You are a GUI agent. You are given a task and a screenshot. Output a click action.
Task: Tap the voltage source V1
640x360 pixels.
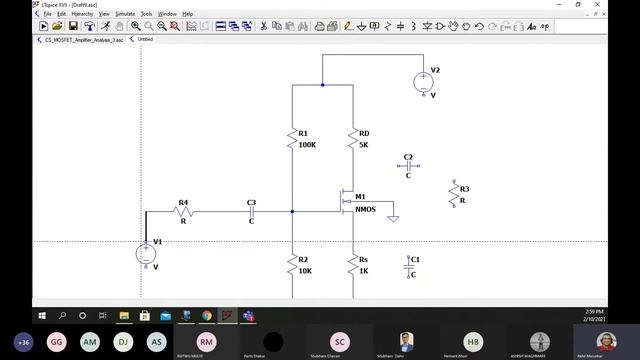146,253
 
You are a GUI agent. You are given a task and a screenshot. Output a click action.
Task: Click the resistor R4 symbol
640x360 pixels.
184,211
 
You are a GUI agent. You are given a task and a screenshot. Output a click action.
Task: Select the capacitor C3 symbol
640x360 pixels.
251,211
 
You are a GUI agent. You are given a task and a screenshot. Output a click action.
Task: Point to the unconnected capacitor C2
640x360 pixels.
407,166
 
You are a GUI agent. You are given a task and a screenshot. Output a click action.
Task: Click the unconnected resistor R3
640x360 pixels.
453,195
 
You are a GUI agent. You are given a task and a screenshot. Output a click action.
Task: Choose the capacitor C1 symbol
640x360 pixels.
408,266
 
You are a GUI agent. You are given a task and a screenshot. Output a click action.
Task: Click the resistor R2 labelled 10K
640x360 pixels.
292,265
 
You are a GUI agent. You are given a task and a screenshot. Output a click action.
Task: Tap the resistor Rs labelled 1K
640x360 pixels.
352,265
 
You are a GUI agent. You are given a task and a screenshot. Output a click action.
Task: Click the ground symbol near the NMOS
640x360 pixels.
393,217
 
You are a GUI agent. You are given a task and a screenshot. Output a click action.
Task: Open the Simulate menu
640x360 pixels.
125,14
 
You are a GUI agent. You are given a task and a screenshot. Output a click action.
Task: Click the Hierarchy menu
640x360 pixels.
82,14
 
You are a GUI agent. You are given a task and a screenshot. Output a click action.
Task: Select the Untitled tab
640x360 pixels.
145,39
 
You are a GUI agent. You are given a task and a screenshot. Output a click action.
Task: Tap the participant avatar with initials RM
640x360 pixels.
206,341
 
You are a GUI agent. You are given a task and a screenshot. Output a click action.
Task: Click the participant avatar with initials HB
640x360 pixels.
473,341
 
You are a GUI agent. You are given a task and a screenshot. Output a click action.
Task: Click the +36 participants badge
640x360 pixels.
23,341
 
